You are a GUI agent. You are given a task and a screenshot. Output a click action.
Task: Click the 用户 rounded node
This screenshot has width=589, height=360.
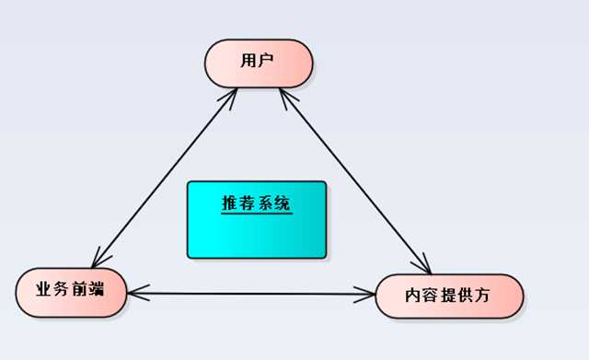[259, 62]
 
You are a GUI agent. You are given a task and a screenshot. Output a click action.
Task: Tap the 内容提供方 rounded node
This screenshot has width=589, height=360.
[450, 296]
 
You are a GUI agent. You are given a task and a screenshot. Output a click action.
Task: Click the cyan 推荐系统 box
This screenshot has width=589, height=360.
[257, 219]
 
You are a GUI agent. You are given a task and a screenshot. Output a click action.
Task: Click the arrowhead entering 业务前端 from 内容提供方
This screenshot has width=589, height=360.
[135, 294]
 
